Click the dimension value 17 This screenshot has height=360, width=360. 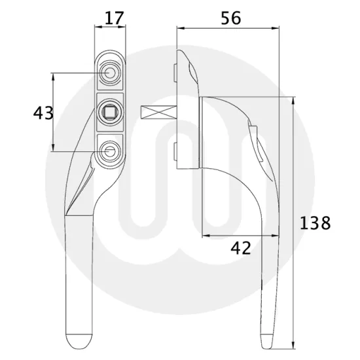click(114, 18)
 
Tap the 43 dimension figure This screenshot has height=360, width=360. click(43, 113)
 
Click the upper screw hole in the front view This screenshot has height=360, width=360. click(109, 70)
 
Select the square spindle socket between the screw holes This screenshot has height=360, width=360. click(109, 111)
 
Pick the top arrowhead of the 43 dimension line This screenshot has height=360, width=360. click(52, 75)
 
